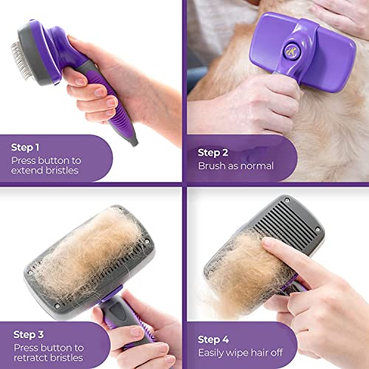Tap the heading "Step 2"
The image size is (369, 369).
tap(214, 152)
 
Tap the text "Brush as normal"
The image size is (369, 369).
tap(235, 166)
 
